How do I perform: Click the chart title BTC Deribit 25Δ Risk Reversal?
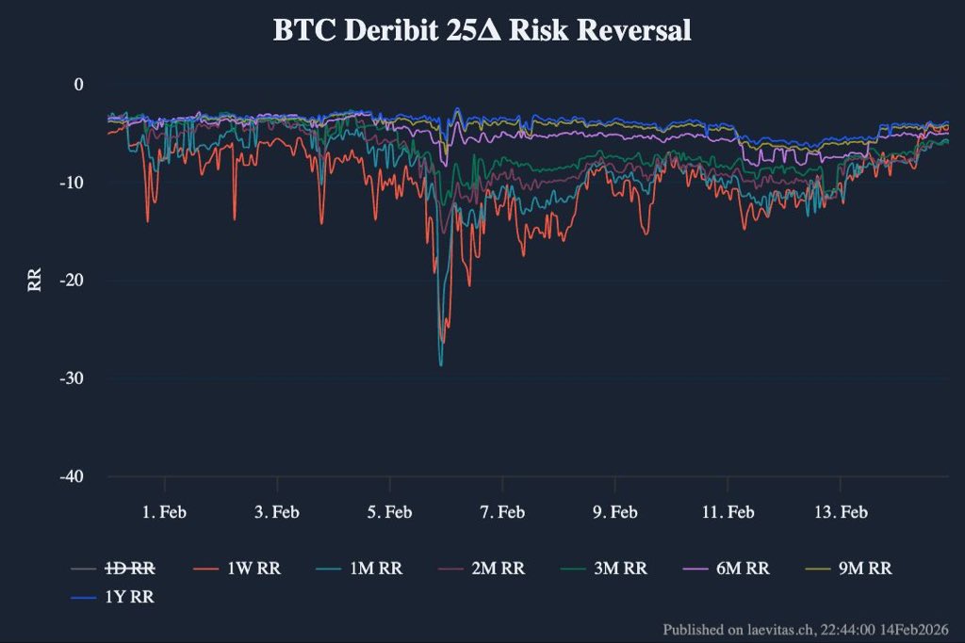482,30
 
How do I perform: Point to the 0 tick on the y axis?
79,85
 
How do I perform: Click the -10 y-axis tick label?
73,183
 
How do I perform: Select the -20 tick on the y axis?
73,281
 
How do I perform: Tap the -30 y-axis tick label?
73,378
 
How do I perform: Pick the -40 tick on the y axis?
73,476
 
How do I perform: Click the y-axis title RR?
35,281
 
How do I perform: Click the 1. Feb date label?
165,512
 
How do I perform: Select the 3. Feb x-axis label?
277,512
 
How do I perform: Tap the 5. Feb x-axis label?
390,512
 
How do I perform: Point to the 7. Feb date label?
502,512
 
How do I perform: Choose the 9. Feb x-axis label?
615,512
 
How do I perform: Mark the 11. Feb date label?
728,512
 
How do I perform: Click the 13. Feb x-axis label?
841,512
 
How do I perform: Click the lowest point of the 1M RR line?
440,364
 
